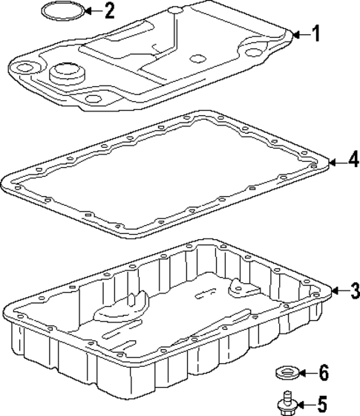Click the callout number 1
315,33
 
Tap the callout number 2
110,10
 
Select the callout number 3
354,290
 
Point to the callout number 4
353,160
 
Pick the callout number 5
321,405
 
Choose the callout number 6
324,373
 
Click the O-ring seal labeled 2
64,10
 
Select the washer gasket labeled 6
287,373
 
